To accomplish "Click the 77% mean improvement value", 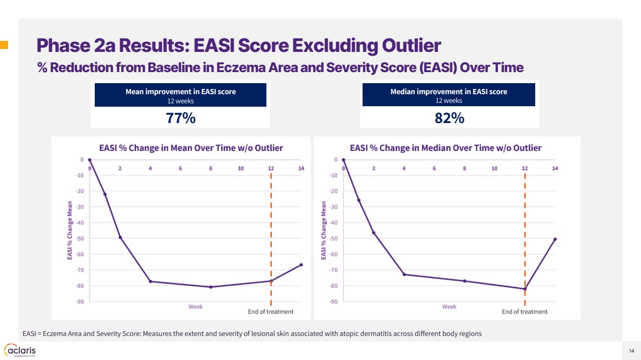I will [x=180, y=118].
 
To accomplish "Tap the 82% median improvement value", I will [x=449, y=118].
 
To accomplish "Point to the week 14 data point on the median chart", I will [x=555, y=239].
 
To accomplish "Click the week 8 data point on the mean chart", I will [x=211, y=287].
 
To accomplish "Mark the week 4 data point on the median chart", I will [x=404, y=274].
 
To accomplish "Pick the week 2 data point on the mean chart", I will [x=120, y=237].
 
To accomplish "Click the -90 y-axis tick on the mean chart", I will [x=78, y=301].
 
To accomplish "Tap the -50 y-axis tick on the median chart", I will [x=332, y=238].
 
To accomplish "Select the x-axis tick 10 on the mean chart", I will [x=241, y=168].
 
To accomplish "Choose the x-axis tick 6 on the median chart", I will [x=434, y=168].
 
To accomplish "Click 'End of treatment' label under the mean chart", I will [x=271, y=311].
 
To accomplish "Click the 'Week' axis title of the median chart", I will [x=449, y=307].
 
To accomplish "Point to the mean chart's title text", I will [x=191, y=148].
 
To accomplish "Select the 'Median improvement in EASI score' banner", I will [x=449, y=95].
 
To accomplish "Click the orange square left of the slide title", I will [x=4, y=45].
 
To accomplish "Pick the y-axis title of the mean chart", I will [x=70, y=231].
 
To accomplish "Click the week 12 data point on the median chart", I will [x=525, y=289].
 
